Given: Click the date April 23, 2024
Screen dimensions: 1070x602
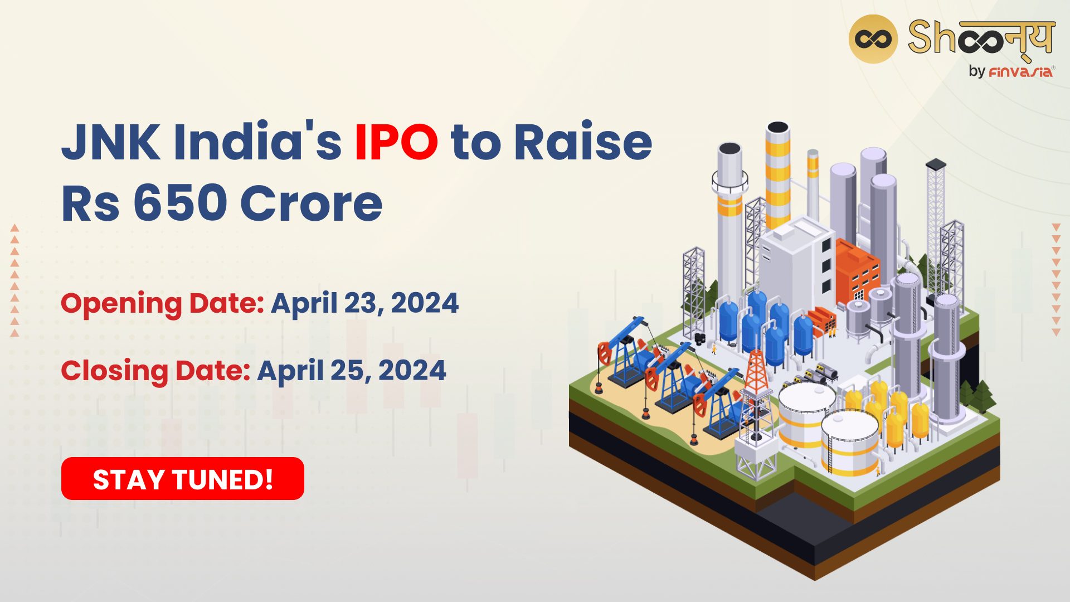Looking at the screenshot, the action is (365, 304).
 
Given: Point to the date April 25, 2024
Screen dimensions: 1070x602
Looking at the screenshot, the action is (352, 371).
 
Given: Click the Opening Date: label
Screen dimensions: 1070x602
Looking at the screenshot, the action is (163, 304).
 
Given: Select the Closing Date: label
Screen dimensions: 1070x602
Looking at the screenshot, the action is (156, 371).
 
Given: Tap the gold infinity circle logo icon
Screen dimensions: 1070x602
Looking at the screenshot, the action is (873, 39).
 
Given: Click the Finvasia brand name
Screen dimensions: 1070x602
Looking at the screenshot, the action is (1021, 71).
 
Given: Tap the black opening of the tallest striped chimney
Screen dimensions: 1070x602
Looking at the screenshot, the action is (777, 128).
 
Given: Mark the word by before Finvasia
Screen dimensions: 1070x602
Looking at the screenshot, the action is (977, 71).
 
